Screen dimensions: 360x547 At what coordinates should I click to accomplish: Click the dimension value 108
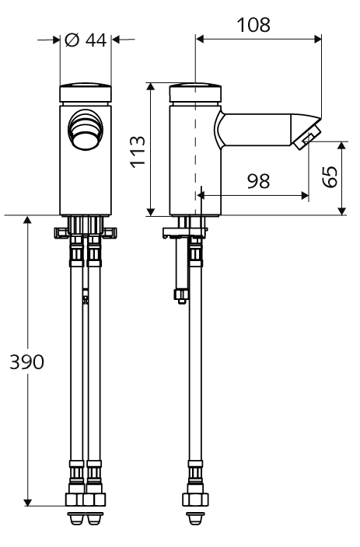[x=253, y=25]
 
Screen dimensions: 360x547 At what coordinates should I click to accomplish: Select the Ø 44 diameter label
[x=86, y=40]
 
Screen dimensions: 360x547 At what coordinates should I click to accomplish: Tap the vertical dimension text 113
[x=138, y=152]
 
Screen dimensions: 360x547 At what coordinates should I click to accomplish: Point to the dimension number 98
[x=259, y=181]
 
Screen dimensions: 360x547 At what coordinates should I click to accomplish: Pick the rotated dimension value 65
[x=330, y=177]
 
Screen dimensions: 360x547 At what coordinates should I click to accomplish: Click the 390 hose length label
[x=27, y=362]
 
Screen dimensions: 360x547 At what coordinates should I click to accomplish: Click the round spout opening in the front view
[x=86, y=130]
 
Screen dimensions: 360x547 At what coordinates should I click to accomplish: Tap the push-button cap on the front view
[x=86, y=92]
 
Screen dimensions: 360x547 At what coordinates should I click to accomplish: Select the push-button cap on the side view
[x=195, y=92]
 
